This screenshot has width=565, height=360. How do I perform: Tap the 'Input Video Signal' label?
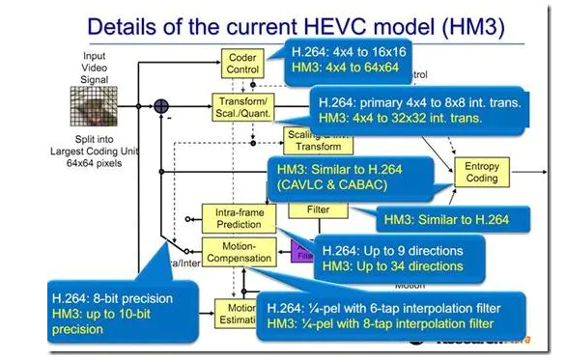click(101, 64)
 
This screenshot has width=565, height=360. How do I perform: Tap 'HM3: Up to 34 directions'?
click(391, 264)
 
